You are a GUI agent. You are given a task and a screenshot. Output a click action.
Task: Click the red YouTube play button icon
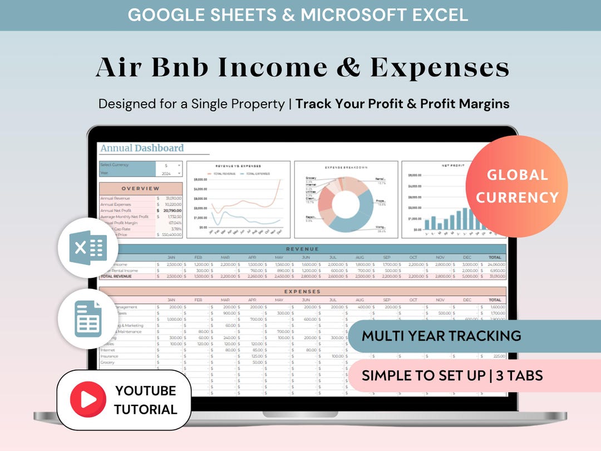[x=88, y=399]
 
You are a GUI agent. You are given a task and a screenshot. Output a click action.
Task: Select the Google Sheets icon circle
[x=88, y=319]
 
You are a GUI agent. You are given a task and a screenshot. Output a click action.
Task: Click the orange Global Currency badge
[x=516, y=186]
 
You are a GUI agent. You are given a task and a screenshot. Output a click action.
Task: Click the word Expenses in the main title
[x=440, y=68]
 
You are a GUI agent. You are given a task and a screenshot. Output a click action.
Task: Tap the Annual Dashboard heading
[x=142, y=148]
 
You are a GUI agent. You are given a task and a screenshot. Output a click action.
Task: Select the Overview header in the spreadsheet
[x=140, y=189]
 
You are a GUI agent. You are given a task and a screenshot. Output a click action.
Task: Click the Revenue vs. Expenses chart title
[x=238, y=166]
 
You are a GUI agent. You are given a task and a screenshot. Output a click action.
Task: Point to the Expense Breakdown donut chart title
[x=346, y=166]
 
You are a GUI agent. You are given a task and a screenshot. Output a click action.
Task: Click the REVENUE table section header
[x=302, y=249]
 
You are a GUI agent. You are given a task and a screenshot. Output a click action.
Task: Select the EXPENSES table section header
[x=302, y=291]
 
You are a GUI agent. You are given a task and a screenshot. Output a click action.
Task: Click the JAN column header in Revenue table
[x=171, y=258]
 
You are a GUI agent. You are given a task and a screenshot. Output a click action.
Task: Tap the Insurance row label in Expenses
[x=109, y=356]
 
